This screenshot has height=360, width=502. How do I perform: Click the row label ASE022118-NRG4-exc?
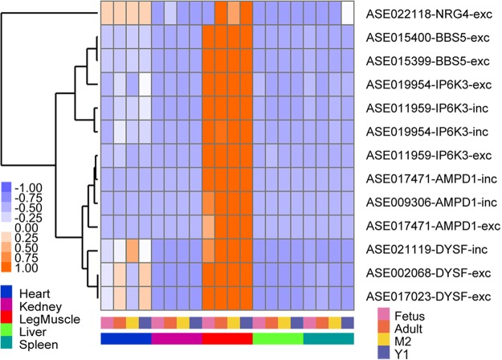(x=428, y=14)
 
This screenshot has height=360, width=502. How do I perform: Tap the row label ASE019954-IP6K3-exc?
(x=427, y=84)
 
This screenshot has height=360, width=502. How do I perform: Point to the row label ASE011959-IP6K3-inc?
(x=426, y=107)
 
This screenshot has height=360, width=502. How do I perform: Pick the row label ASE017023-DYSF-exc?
(x=426, y=293)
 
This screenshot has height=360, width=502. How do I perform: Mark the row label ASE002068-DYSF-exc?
(x=426, y=270)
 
